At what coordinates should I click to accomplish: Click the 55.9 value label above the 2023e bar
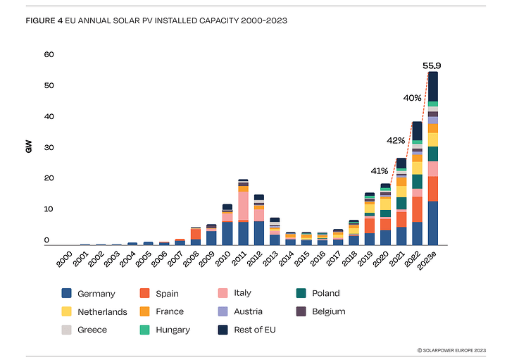(x=432, y=66)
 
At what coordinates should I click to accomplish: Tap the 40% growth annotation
(x=412, y=98)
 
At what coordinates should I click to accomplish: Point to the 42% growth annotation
(x=396, y=141)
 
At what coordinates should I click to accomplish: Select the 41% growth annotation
(x=380, y=170)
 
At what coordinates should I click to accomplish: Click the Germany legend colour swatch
(x=66, y=293)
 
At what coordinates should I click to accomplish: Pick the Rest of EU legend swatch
(x=223, y=330)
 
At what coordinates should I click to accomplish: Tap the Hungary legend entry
(x=165, y=330)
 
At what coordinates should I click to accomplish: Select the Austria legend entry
(x=240, y=311)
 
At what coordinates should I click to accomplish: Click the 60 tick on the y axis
(x=49, y=54)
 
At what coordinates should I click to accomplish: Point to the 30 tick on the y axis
(x=49, y=147)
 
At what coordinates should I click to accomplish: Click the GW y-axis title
(x=29, y=147)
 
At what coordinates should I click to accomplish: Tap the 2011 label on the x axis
(x=239, y=258)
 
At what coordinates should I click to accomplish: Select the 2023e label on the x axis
(x=427, y=260)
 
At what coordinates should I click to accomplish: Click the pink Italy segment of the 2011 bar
(x=243, y=206)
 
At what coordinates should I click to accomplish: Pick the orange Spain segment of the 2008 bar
(x=196, y=234)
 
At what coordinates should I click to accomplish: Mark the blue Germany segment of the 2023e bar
(x=433, y=223)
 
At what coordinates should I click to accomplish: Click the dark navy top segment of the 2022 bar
(x=417, y=131)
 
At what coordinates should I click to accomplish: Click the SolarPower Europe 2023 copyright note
(x=451, y=350)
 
